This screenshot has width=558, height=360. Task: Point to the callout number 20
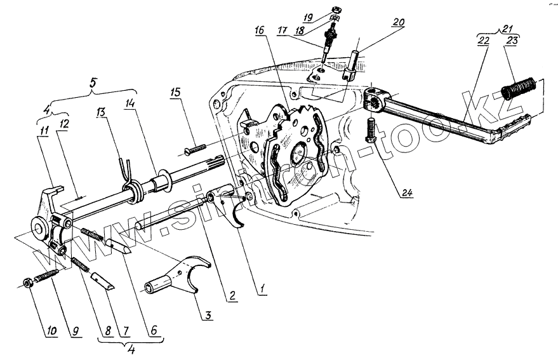click(x=398, y=22)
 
